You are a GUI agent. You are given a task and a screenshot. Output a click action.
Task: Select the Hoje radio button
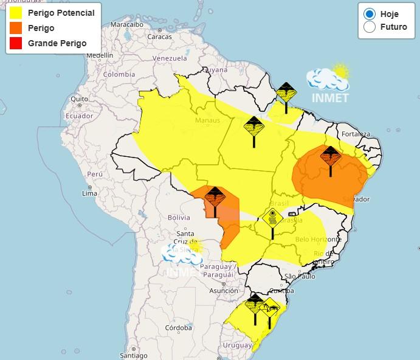click(369, 13)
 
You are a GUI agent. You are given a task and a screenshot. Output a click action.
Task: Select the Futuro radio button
click(369, 27)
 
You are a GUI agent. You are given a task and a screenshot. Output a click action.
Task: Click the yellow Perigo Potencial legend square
click(16, 13)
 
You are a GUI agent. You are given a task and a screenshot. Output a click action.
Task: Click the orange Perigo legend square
click(16, 28)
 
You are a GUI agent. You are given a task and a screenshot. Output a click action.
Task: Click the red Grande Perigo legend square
click(16, 43)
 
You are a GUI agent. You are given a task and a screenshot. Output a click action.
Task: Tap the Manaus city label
click(207, 120)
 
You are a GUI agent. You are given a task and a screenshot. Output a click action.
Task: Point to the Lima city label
click(89, 193)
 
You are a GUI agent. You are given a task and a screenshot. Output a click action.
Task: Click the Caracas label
click(160, 36)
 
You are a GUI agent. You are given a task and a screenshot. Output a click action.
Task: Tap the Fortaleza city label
click(356, 134)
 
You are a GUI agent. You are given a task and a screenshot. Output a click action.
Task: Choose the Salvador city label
click(356, 199)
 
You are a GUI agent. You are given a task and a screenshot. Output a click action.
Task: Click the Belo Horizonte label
click(311, 240)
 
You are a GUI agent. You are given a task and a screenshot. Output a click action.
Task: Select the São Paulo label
click(298, 276)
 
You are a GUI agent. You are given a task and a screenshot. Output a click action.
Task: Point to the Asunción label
click(224, 291)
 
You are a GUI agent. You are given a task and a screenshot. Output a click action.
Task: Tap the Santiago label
click(134, 356)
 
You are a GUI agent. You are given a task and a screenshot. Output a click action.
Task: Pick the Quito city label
click(80, 99)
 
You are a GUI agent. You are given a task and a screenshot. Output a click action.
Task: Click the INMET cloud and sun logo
click(328, 82)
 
